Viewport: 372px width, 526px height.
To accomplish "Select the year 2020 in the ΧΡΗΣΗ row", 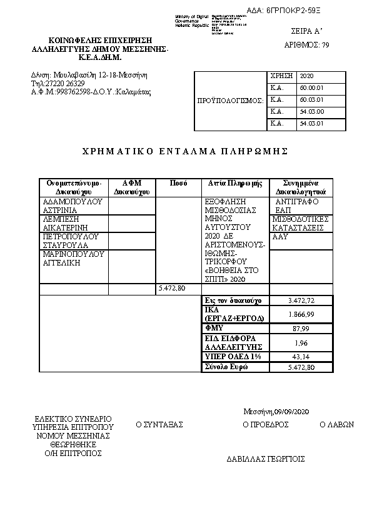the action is click(306, 76).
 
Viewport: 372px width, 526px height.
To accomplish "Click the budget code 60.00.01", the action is click(311, 88).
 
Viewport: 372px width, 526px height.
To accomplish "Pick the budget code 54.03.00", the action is click(311, 112).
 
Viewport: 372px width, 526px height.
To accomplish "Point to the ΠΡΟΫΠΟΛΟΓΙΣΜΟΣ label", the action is click(230, 100).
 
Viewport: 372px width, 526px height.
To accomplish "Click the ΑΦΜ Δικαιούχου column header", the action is click(131, 187).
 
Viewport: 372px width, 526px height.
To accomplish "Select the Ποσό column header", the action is click(179, 183).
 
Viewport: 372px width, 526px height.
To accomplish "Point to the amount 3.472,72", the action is click(300, 301).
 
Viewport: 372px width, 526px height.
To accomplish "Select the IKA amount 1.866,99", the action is click(300, 314).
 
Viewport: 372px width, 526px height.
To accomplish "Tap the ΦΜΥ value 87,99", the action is click(300, 328).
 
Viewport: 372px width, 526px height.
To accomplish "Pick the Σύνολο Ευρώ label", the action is click(226, 367).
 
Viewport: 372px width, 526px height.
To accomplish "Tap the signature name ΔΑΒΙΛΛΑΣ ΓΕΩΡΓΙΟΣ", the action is click(265, 459).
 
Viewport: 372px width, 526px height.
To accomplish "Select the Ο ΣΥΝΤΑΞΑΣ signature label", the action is click(159, 425).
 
